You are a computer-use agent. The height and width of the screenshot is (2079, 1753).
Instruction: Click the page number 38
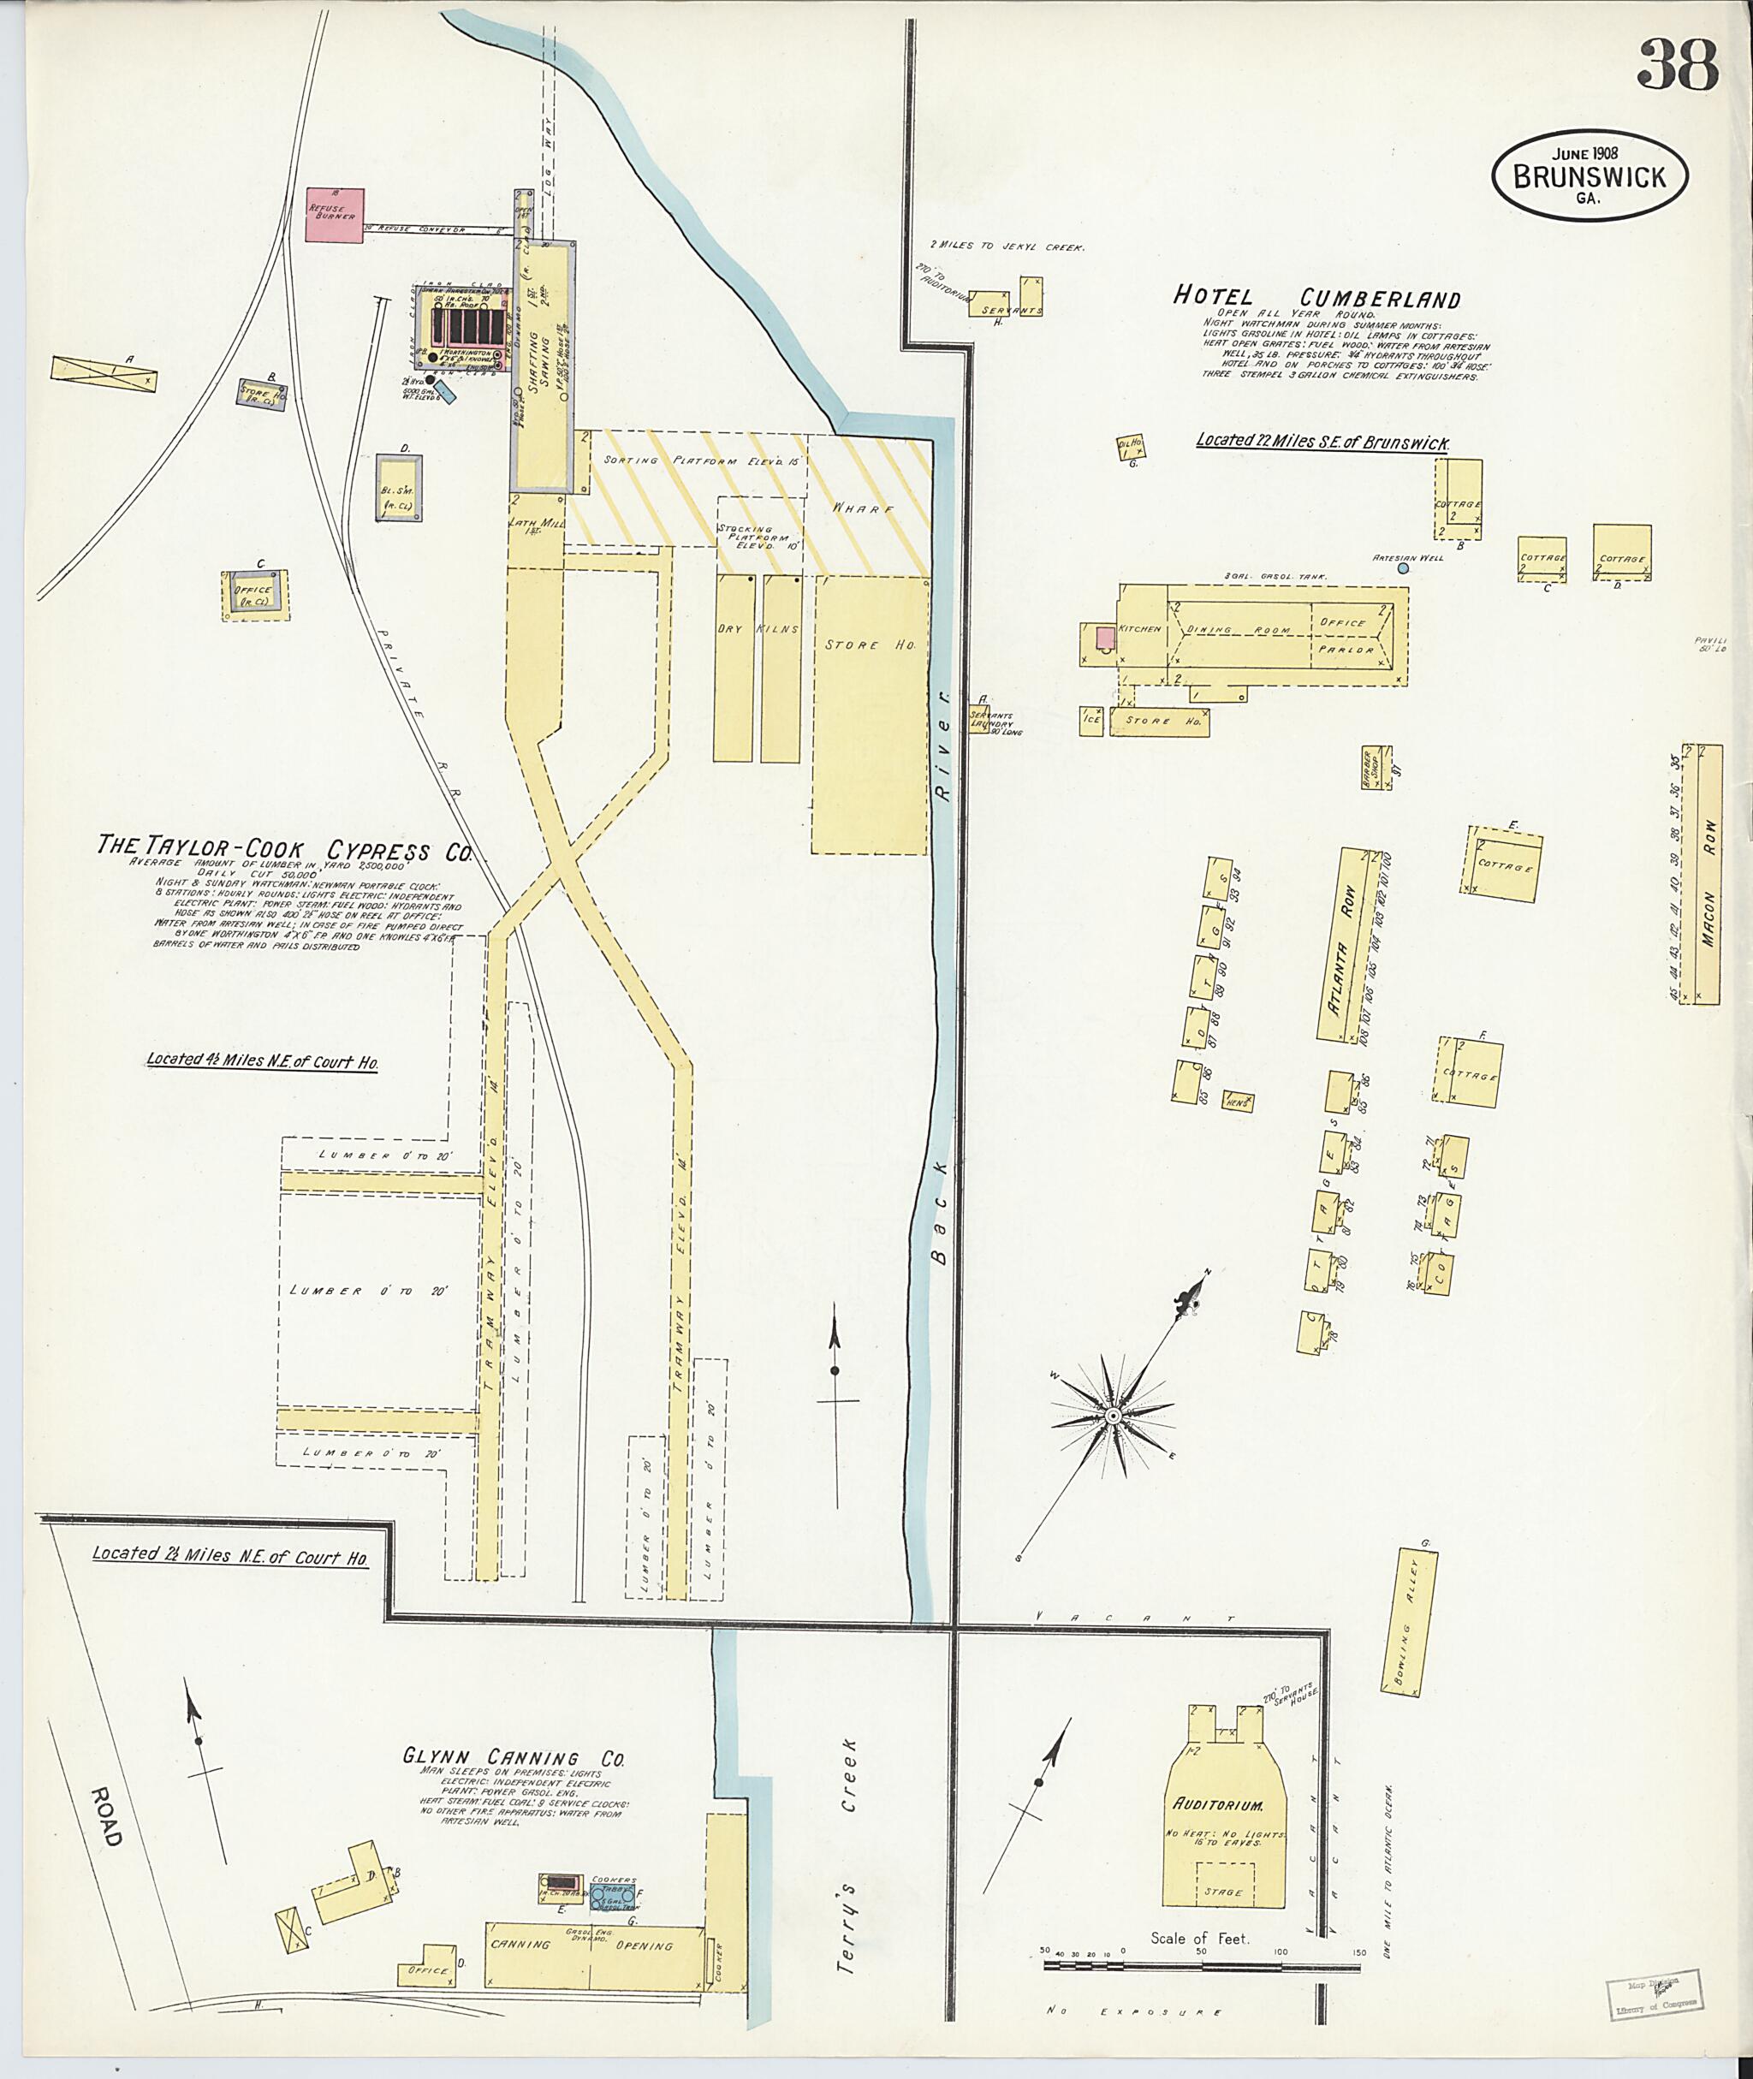(1677, 66)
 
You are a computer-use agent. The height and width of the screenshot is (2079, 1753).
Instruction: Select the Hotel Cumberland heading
(1316, 297)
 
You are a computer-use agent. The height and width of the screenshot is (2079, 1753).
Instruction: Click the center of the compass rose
(1114, 1415)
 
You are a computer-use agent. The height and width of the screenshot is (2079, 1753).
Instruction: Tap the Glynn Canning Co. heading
(514, 1757)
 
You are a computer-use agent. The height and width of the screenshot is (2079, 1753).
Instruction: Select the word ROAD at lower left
(106, 1816)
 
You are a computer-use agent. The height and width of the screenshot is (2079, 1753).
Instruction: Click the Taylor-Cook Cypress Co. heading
(283, 849)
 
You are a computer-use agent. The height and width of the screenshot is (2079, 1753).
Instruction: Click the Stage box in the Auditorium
(1223, 1892)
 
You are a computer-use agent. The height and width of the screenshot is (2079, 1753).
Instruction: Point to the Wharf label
(864, 508)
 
